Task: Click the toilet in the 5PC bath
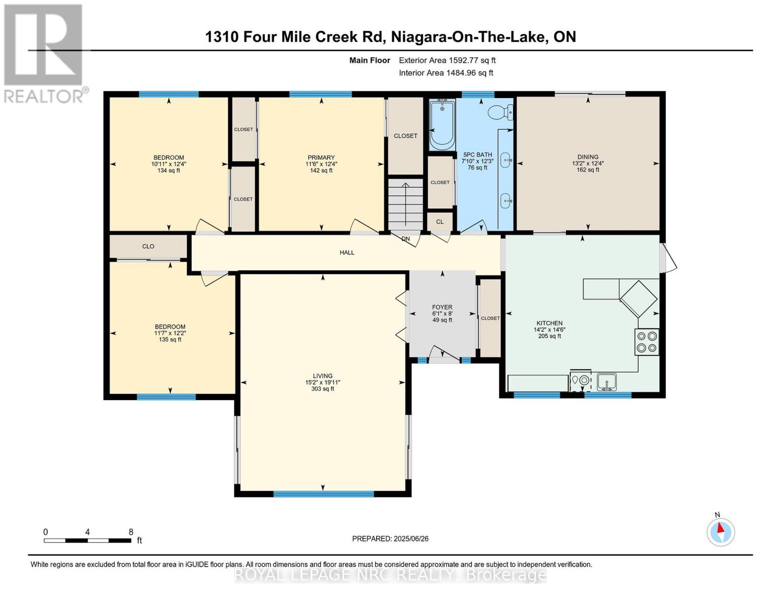[x=500, y=112]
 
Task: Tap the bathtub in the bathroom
[x=442, y=124]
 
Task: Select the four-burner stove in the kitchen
[x=647, y=342]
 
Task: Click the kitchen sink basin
[x=606, y=382]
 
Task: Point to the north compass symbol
[x=721, y=532]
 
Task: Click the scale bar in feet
[x=88, y=540]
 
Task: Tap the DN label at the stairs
[x=405, y=239]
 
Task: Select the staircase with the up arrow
[x=405, y=204]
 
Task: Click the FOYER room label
[x=442, y=307]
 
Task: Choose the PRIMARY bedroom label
[x=321, y=157]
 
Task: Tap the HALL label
[x=347, y=253]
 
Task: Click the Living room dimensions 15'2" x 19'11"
[x=323, y=383]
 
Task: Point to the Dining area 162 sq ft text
[x=588, y=170]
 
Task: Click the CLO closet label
[x=148, y=247]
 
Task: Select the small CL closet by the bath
[x=440, y=221]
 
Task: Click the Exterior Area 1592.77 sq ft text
[x=447, y=60]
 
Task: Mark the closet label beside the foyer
[x=490, y=319]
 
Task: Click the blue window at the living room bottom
[x=323, y=494]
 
